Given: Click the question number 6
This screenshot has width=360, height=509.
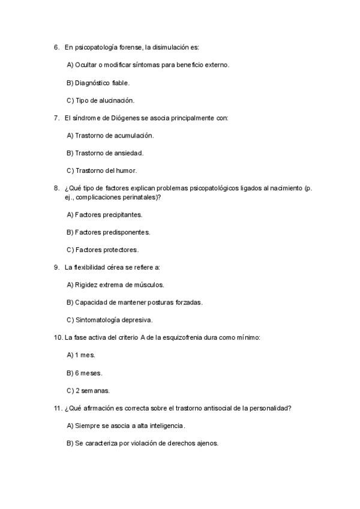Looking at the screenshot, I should coord(56,47).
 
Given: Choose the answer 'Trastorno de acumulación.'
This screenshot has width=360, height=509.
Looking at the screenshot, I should coord(110,136).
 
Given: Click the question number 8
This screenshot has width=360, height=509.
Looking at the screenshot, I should coord(56,188).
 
